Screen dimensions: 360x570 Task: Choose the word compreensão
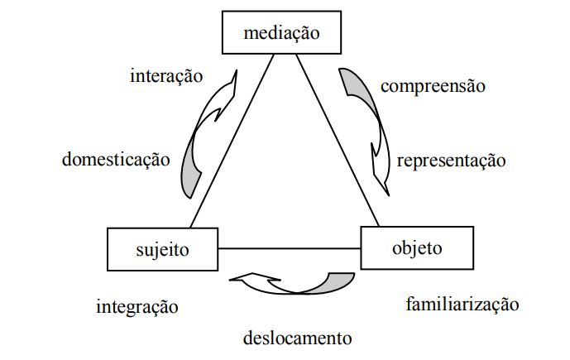pos(433,85)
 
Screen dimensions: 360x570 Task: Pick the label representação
pos(451,160)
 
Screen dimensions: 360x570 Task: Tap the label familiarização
pos(462,304)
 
